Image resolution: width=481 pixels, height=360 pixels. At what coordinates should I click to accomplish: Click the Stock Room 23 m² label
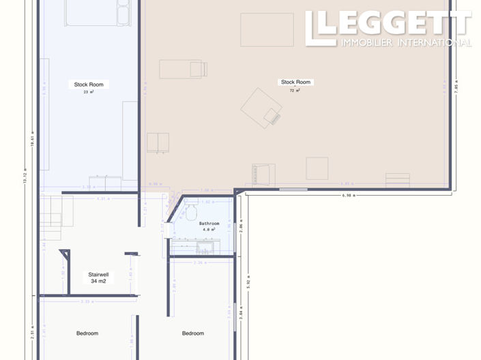click(x=88, y=87)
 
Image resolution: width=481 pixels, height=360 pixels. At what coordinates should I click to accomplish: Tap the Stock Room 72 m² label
click(x=295, y=85)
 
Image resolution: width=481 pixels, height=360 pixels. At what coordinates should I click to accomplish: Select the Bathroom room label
click(x=209, y=226)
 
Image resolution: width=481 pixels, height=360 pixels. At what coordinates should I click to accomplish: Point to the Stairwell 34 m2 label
click(x=98, y=277)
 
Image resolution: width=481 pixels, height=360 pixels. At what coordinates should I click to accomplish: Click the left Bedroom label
click(x=87, y=333)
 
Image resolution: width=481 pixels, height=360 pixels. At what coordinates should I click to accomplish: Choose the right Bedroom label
click(x=193, y=333)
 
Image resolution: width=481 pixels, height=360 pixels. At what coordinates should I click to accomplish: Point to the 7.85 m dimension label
click(x=457, y=89)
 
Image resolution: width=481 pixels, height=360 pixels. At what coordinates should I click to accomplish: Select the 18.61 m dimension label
click(x=32, y=139)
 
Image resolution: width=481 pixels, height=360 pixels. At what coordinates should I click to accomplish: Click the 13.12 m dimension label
click(x=25, y=176)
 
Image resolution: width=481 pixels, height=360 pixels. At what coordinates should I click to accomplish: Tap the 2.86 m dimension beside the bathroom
click(x=242, y=226)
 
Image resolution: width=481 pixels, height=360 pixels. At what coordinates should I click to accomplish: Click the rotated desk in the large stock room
click(x=261, y=108)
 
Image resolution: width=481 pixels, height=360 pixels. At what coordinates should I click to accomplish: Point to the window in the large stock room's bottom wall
click(x=293, y=188)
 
